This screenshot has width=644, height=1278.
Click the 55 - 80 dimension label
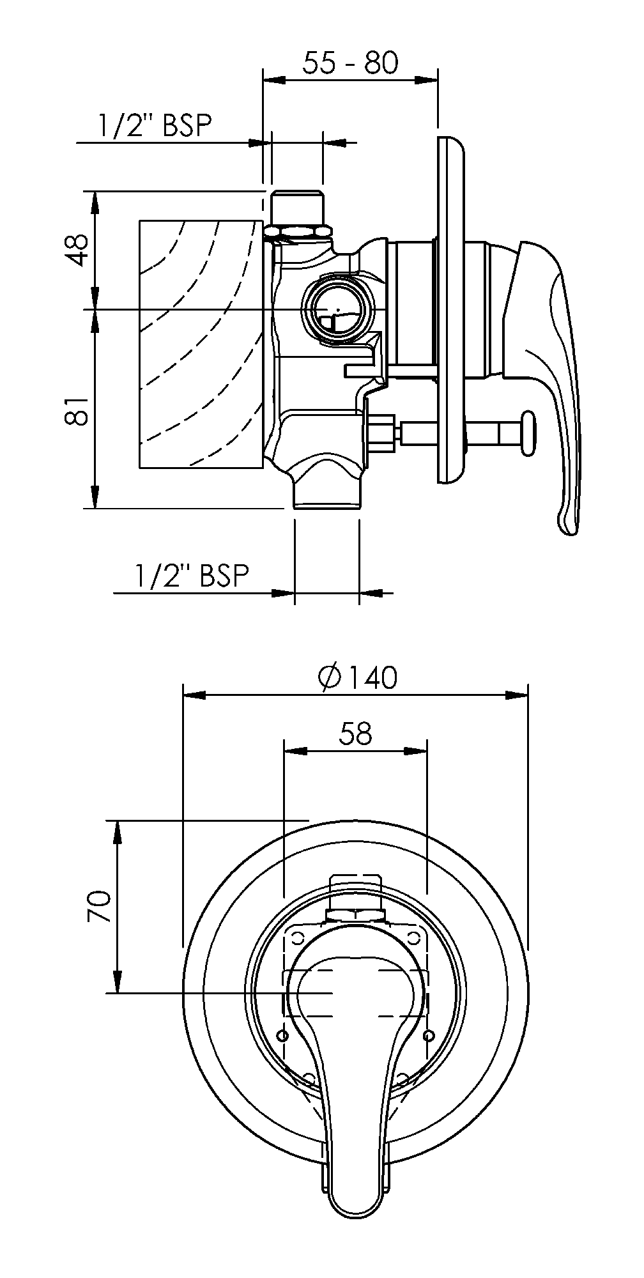(350, 63)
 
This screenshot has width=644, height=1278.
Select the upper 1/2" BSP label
(154, 126)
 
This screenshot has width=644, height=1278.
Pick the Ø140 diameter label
(358, 677)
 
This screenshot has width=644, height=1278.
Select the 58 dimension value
(355, 734)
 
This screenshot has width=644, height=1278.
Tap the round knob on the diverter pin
(530, 434)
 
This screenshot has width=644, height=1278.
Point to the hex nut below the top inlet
(297, 231)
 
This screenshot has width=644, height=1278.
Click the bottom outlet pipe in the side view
(326, 495)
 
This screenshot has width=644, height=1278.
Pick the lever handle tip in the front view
(355, 1208)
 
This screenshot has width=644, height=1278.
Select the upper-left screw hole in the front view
(298, 937)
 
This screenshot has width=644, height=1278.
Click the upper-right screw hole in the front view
(414, 937)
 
